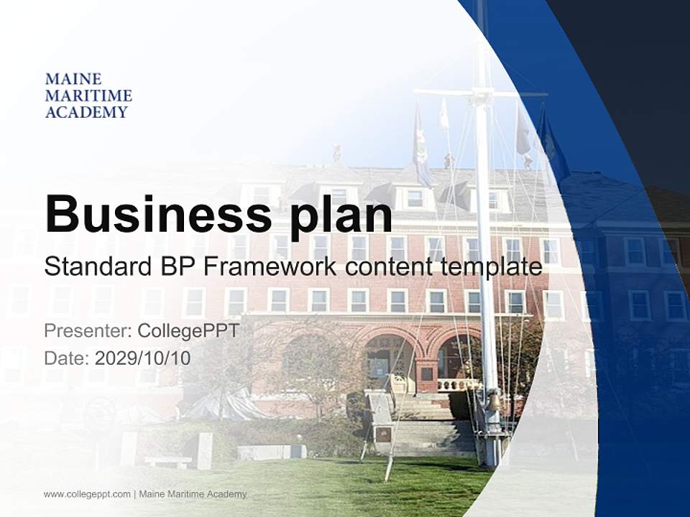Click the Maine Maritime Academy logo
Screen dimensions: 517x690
88,95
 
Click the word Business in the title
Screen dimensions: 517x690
157,213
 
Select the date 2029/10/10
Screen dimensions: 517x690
142,358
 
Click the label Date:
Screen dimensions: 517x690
67,358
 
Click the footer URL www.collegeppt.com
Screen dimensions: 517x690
87,494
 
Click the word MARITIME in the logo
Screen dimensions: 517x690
88,96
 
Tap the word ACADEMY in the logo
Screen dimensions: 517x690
86,112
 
